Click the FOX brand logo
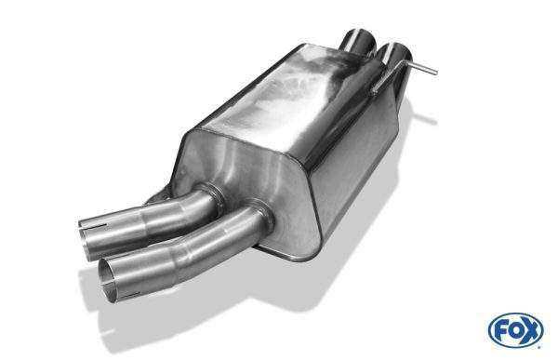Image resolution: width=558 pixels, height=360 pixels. pyautogui.click(x=516, y=329)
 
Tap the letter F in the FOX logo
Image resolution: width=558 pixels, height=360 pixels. pyautogui.click(x=500, y=331)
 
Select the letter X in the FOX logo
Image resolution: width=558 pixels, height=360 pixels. pyautogui.click(x=531, y=331)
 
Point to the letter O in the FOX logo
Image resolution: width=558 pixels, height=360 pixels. pyautogui.click(x=515, y=331)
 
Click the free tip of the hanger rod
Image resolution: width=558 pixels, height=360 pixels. pyautogui.click(x=435, y=72)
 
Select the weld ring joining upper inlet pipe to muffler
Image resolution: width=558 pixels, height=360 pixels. pyautogui.click(x=212, y=195)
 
